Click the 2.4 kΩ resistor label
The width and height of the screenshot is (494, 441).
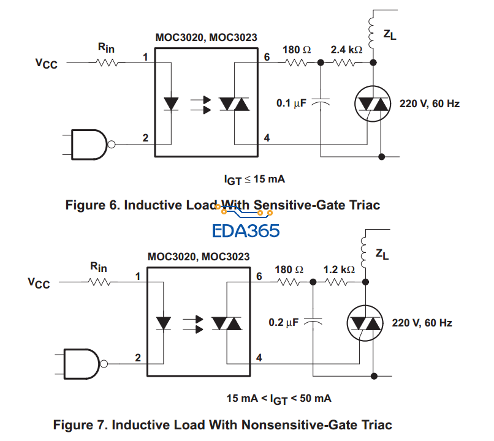[x=346, y=49]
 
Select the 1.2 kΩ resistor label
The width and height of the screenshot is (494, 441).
[x=339, y=269]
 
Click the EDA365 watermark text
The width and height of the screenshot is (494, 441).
[x=245, y=231]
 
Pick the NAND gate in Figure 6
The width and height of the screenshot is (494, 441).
[x=89, y=145]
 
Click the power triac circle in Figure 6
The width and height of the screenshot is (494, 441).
[x=373, y=105]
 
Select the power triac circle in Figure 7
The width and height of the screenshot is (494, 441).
[x=364, y=323]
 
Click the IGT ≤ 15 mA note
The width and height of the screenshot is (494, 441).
[x=255, y=179]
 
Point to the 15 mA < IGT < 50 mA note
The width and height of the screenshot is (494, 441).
[x=279, y=399]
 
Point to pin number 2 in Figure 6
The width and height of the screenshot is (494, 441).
[x=146, y=137]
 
